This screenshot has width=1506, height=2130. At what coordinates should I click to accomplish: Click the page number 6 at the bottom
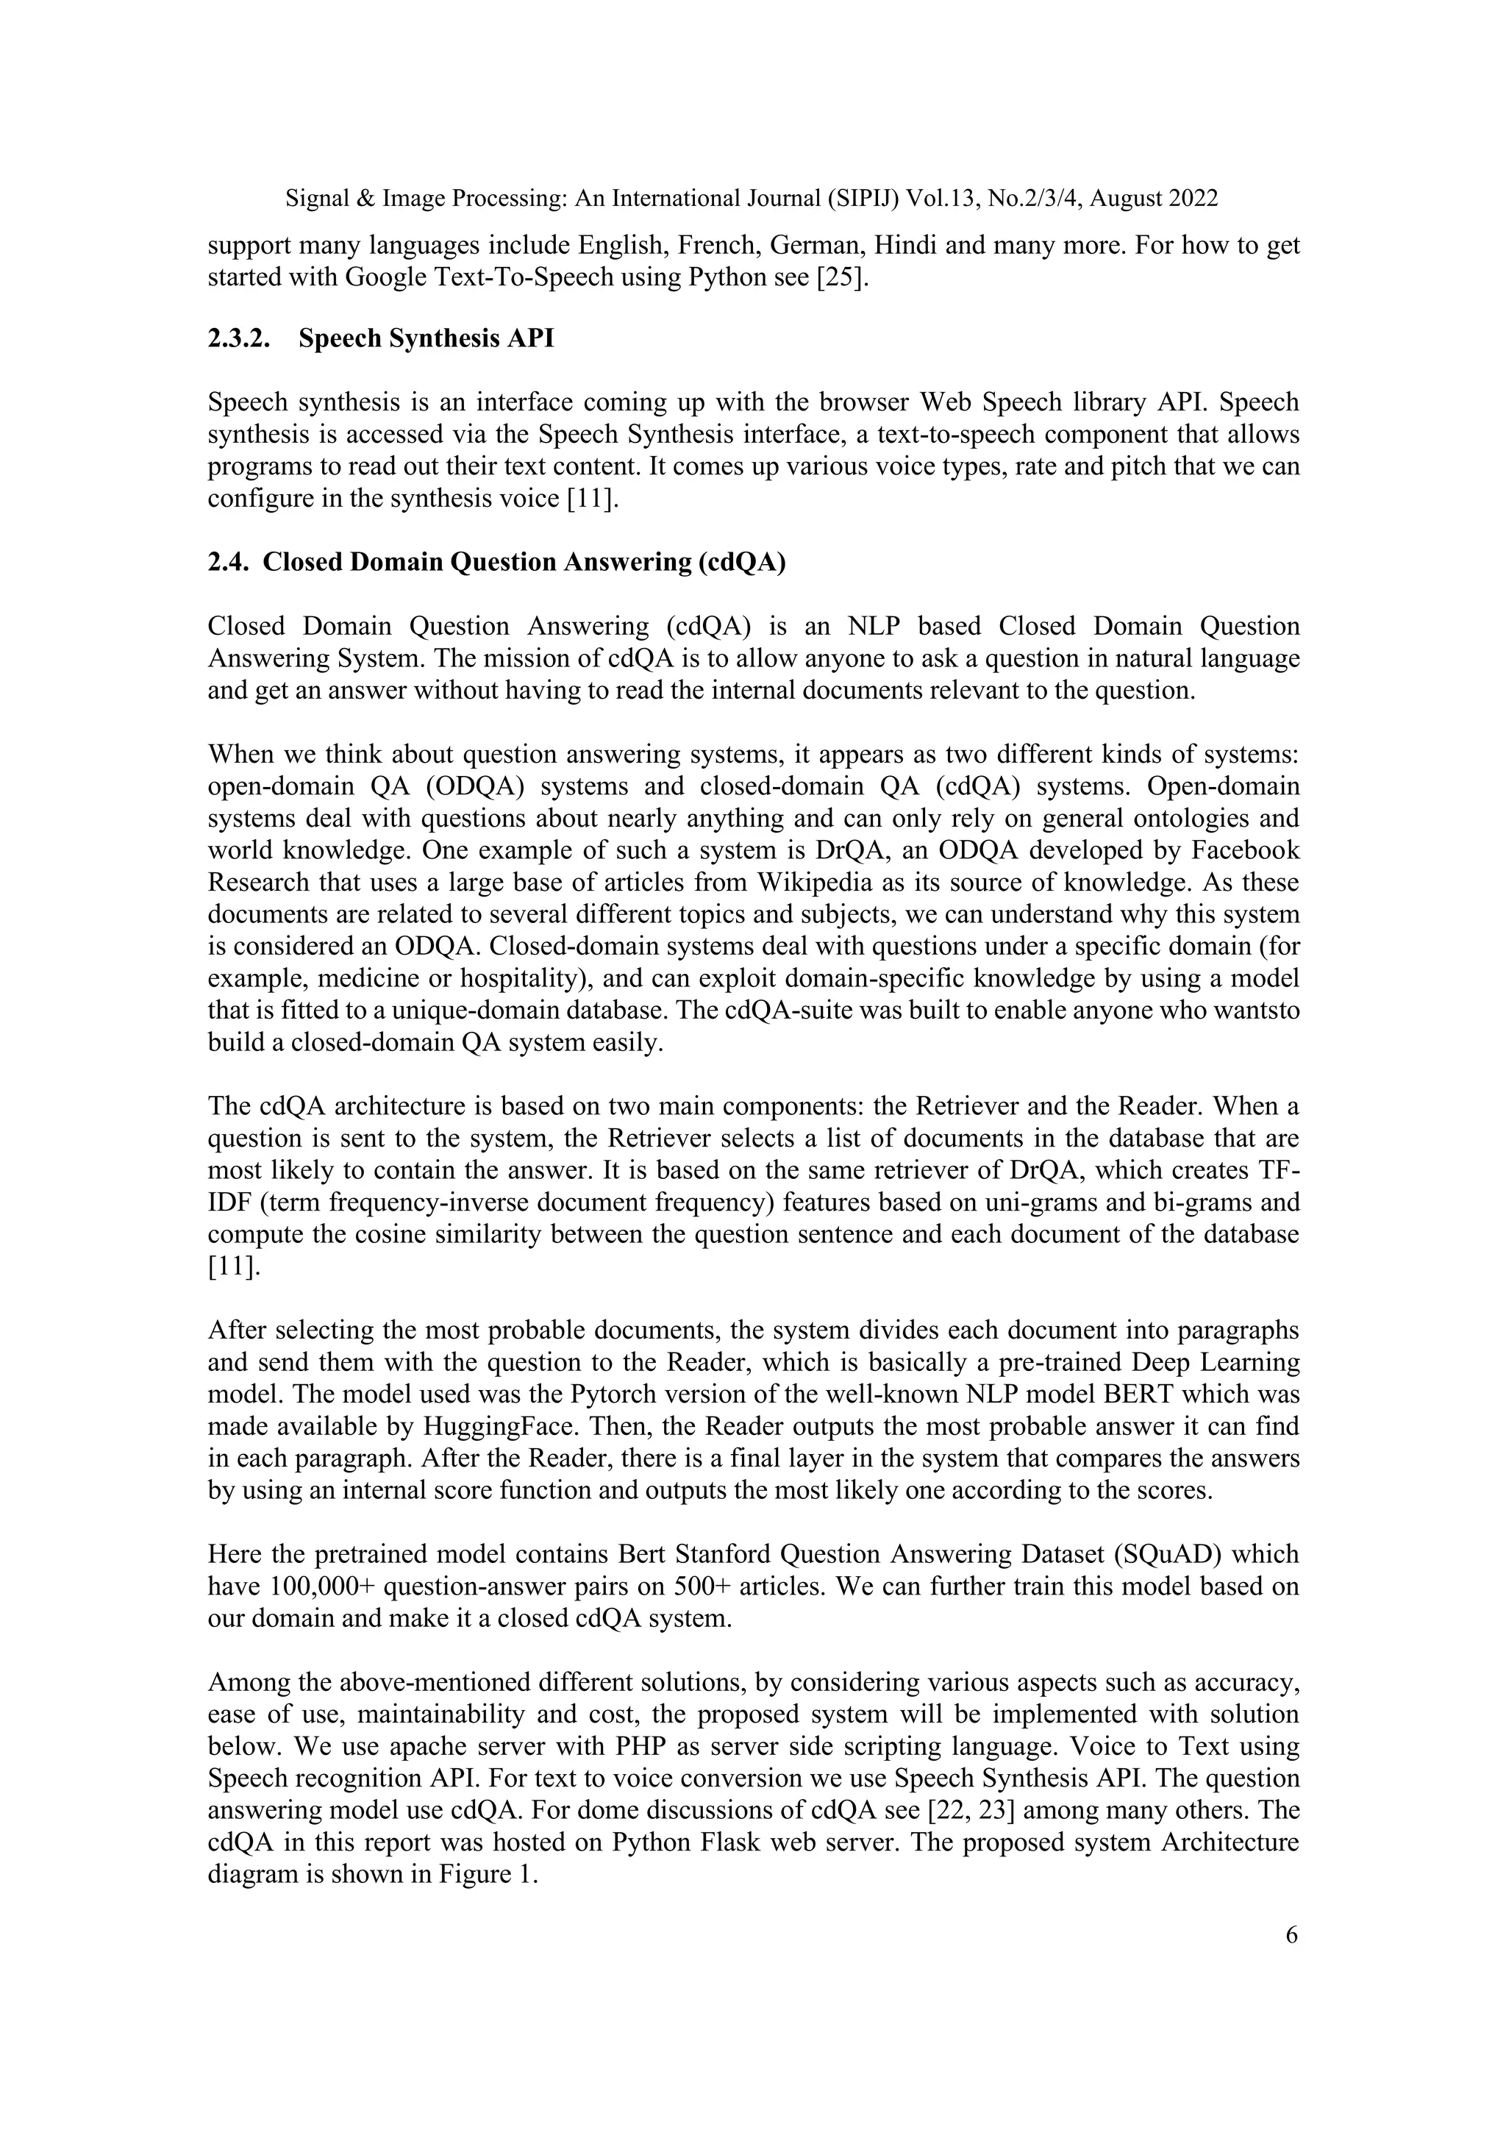[1291, 1935]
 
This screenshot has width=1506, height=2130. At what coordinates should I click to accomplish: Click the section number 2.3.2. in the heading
[239, 338]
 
